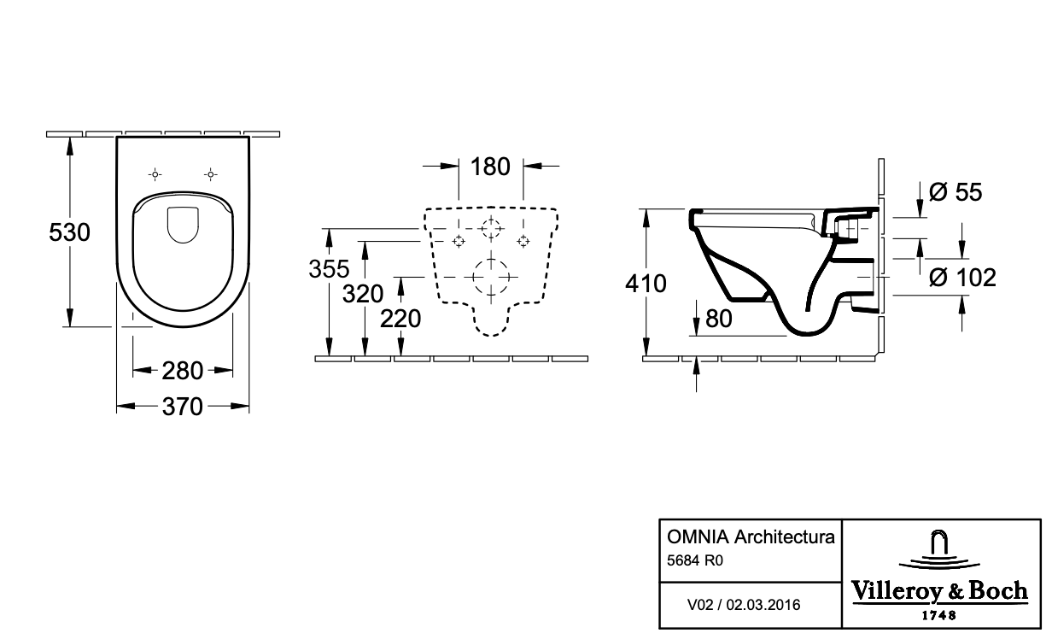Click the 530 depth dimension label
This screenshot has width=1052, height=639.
69,232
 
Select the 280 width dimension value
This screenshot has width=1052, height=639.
182,371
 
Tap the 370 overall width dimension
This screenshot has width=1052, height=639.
182,407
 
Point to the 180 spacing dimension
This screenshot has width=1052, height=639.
490,167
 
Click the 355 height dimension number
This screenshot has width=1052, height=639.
329,269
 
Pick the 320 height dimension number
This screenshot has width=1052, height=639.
363,294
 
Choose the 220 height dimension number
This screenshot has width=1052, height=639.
400,319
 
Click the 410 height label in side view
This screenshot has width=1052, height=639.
646,284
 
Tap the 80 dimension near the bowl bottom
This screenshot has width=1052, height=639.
719,319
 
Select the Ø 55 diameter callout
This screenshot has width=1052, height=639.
956,192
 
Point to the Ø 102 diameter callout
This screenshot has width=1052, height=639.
963,277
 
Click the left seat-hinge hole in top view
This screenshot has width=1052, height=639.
155,175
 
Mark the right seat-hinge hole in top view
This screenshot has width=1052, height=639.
210,175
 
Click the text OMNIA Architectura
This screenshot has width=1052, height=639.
751,536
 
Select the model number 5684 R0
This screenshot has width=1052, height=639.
695,560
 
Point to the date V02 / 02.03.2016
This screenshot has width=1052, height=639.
744,605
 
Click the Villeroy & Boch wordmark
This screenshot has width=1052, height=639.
940,591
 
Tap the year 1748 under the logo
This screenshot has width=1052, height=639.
939,615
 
